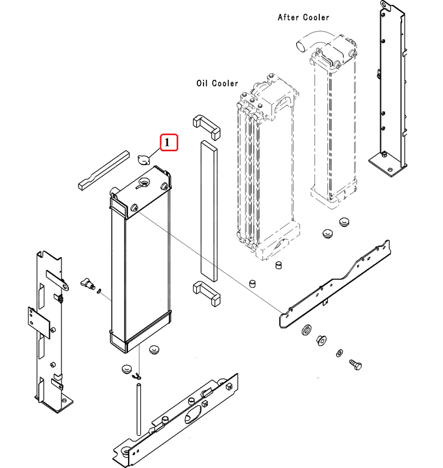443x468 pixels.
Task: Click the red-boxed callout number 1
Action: (168, 143)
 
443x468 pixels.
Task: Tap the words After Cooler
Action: (303, 17)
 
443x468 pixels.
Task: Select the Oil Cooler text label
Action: (217, 83)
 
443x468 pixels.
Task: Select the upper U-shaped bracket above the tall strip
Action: (206, 124)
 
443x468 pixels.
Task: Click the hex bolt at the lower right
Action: (356, 364)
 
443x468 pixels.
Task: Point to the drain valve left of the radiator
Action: (87, 283)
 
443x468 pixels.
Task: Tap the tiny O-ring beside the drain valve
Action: (99, 291)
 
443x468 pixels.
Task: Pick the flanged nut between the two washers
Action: (321, 339)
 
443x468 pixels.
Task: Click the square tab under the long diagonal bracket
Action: (326, 301)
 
